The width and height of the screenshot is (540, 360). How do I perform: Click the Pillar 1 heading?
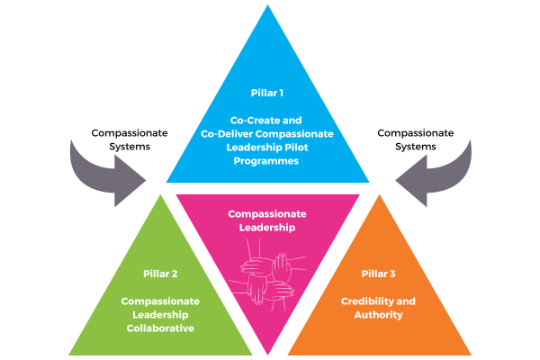pyautogui.click(x=267, y=93)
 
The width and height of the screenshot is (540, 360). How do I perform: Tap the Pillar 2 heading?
pyautogui.click(x=160, y=274)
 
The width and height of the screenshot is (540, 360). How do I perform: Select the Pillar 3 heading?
pyautogui.click(x=378, y=274)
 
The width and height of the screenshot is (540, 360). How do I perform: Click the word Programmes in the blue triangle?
pyautogui.click(x=266, y=161)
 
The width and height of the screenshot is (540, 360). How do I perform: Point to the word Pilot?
pyautogui.click(x=296, y=148)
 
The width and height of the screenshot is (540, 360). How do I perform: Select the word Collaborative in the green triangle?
pyautogui.click(x=160, y=328)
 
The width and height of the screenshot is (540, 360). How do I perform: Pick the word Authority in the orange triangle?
pyautogui.click(x=379, y=315)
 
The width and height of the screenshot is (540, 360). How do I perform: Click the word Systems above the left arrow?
pyautogui.click(x=130, y=147)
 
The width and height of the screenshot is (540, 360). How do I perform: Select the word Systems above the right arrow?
pyautogui.click(x=416, y=147)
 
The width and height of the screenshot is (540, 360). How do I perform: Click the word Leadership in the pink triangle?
pyautogui.click(x=267, y=228)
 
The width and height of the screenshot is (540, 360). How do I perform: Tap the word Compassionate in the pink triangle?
pyautogui.click(x=267, y=214)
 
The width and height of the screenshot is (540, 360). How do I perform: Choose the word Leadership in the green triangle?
pyautogui.click(x=160, y=315)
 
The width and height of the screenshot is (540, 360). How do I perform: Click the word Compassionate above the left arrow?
pyautogui.click(x=130, y=133)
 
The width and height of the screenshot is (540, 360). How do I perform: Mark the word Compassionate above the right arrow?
pyautogui.click(x=416, y=133)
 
